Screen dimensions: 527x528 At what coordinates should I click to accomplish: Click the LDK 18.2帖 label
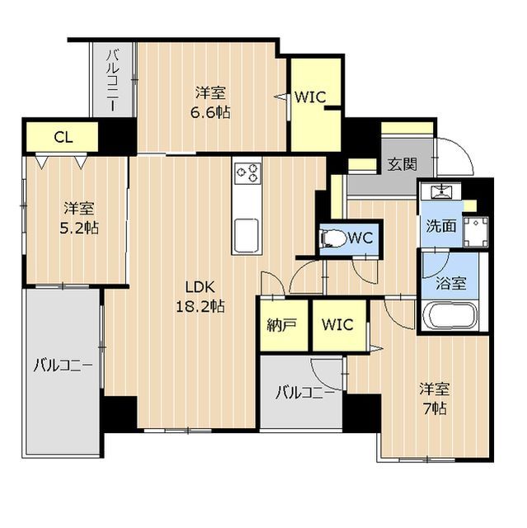200,297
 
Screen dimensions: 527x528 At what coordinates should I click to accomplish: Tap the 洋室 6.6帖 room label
210,102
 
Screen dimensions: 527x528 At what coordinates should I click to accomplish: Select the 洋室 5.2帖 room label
79,218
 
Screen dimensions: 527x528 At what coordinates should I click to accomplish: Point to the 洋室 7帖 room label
435,398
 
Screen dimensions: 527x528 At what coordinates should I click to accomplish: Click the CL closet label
64,138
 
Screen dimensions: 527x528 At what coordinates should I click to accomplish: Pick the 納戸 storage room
285,325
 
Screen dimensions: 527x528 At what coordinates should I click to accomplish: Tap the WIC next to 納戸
339,325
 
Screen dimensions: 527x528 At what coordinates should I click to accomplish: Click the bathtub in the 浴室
450,315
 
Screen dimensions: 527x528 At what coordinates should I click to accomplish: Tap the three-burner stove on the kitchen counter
247,172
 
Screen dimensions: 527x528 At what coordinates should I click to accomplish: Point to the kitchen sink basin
247,235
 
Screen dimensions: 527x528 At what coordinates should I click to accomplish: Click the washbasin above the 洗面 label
440,191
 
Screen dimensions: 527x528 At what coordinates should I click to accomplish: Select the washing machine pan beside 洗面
476,231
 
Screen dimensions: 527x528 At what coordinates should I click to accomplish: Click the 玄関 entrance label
402,164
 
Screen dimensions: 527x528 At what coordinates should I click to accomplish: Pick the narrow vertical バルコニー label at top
113,81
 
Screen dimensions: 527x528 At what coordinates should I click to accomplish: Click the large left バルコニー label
63,365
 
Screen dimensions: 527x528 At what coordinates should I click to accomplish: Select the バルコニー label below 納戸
305,393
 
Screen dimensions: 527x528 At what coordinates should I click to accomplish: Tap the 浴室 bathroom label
451,284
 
